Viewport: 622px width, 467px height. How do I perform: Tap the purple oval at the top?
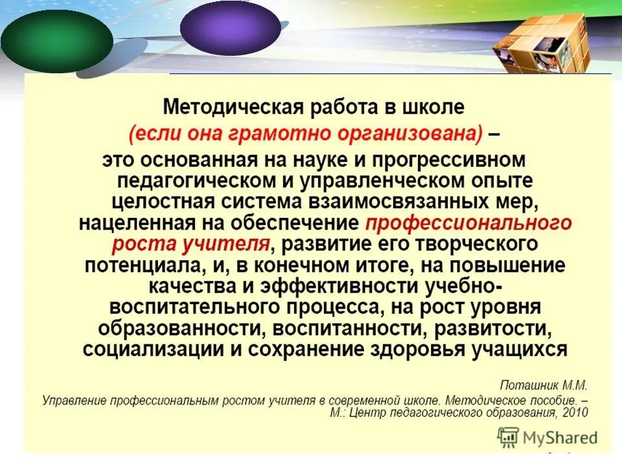(229, 27)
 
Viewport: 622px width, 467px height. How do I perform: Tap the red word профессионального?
(468, 223)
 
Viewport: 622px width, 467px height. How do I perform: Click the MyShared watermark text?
(561, 438)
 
